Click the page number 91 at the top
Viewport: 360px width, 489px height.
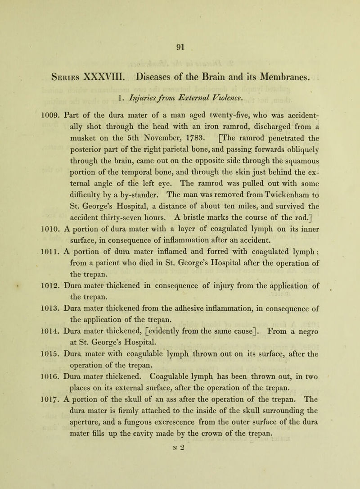tap(180, 45)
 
